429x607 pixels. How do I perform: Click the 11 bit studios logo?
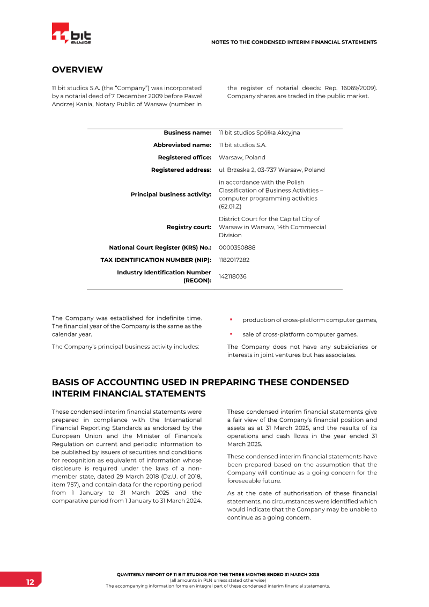pyautogui.click(x=71, y=34)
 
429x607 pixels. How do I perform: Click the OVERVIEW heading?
pyautogui.click(x=77, y=70)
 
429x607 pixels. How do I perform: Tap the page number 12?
pyautogui.click(x=29, y=582)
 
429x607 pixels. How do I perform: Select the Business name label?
pyautogui.click(x=187, y=133)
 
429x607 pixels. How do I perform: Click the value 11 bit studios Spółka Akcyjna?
pyautogui.click(x=259, y=133)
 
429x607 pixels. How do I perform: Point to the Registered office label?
pyautogui.click(x=184, y=157)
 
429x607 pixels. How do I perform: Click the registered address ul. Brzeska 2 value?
pyautogui.click(x=271, y=170)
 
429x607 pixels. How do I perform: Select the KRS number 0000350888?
pyautogui.click(x=237, y=247)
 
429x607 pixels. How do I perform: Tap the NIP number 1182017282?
pyautogui.click(x=234, y=260)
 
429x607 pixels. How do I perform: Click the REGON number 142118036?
pyautogui.click(x=233, y=276)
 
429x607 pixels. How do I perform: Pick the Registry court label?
pyautogui.click(x=189, y=227)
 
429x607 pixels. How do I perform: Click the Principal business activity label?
pyautogui.click(x=171, y=194)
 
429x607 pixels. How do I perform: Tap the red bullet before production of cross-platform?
pyautogui.click(x=231, y=320)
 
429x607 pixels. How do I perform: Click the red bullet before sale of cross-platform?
pyautogui.click(x=231, y=334)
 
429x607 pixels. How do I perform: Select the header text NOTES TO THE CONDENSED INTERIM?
pyautogui.click(x=294, y=42)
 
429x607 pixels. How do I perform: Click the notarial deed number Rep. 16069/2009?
pyautogui.click(x=352, y=87)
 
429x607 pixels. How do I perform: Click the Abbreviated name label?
pyautogui.click(x=182, y=145)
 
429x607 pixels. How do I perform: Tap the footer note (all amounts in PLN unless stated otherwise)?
pyautogui.click(x=218, y=580)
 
